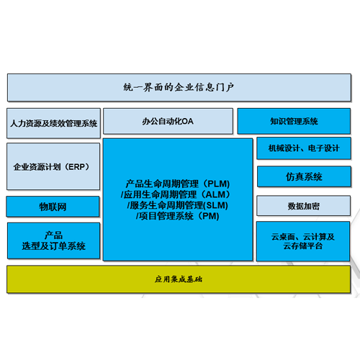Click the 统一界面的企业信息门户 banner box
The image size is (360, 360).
tap(179, 87)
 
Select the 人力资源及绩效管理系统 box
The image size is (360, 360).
tap(53, 123)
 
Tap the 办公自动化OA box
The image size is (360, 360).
tap(168, 121)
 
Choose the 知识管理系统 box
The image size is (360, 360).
tap(294, 121)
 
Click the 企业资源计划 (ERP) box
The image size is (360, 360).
tap(53, 166)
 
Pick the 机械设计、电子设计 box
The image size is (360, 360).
tap(304, 148)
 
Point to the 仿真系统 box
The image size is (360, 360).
tap(304, 176)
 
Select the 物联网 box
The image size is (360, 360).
tap(53, 207)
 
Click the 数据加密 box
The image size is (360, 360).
tap(304, 206)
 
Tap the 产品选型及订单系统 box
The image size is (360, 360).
tap(53, 240)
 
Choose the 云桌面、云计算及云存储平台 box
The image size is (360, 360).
tap(303, 241)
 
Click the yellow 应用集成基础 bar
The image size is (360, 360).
tap(179, 279)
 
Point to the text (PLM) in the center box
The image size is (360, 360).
tap(216, 184)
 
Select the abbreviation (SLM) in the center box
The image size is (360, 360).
tap(215, 205)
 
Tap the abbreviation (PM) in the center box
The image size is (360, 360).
tap(208, 216)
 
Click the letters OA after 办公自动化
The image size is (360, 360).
tap(187, 121)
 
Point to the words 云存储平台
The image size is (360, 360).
tap(303, 246)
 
